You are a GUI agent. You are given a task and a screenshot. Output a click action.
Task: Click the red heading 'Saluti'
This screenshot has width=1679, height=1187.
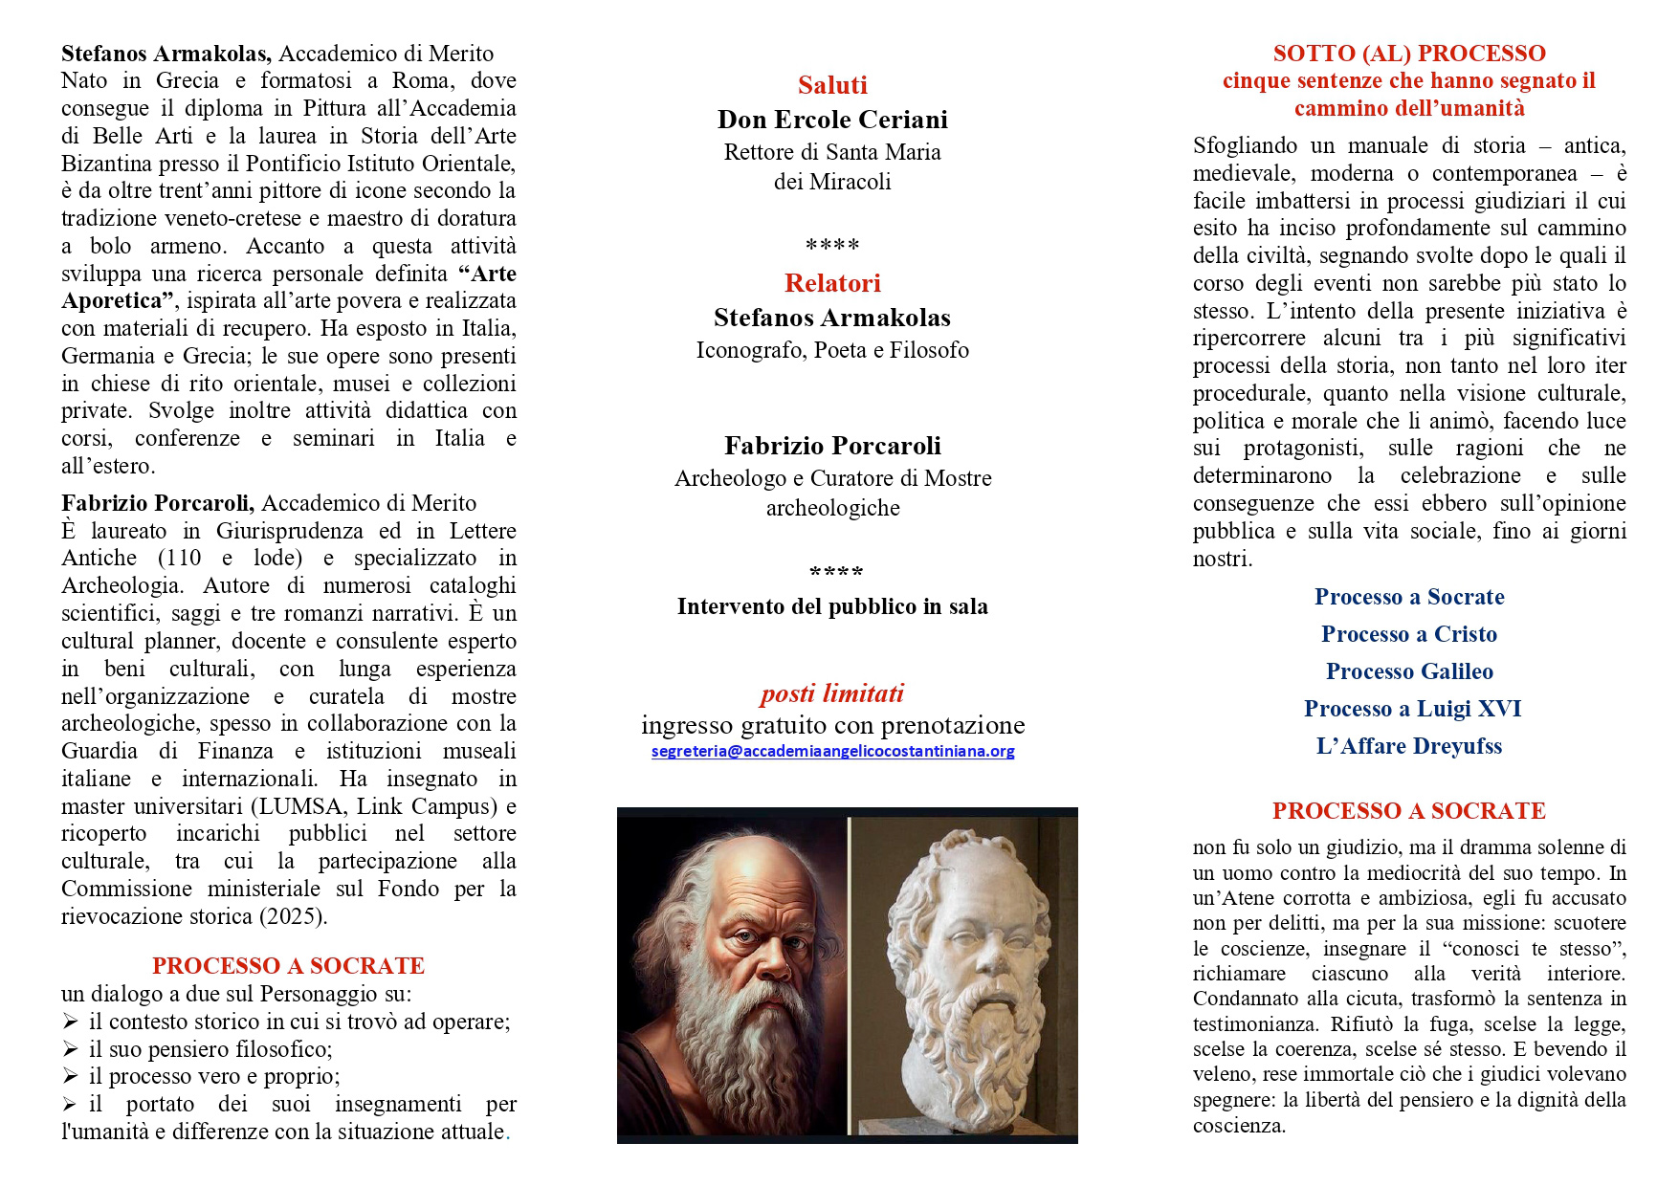tap(832, 85)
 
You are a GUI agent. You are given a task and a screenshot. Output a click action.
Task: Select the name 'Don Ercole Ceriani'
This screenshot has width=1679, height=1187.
tap(832, 120)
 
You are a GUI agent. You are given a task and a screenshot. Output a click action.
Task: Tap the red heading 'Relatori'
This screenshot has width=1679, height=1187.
tap(832, 283)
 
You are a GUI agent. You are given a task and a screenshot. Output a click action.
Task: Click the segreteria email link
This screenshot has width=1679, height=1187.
tap(832, 752)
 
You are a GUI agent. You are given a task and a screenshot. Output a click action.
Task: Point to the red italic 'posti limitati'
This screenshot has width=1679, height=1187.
tap(832, 693)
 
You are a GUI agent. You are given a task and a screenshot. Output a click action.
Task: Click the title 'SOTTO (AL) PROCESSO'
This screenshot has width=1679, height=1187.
tap(1409, 54)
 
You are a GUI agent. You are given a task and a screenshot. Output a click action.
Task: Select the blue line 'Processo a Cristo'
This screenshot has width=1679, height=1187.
tap(1409, 634)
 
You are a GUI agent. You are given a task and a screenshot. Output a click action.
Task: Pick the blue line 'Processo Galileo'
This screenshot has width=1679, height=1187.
tap(1409, 671)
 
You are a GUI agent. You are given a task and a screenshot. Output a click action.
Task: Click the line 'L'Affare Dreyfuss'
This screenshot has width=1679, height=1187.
tap(1409, 746)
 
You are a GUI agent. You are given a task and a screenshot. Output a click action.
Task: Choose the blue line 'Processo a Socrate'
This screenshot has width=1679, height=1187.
tap(1409, 597)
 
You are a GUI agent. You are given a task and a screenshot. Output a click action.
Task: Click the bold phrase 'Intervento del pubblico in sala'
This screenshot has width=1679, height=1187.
tap(832, 606)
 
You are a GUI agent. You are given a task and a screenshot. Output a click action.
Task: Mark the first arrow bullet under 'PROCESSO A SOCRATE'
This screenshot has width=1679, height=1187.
tap(70, 1022)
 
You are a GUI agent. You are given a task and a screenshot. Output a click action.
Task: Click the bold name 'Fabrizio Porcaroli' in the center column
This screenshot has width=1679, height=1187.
tap(832, 446)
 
